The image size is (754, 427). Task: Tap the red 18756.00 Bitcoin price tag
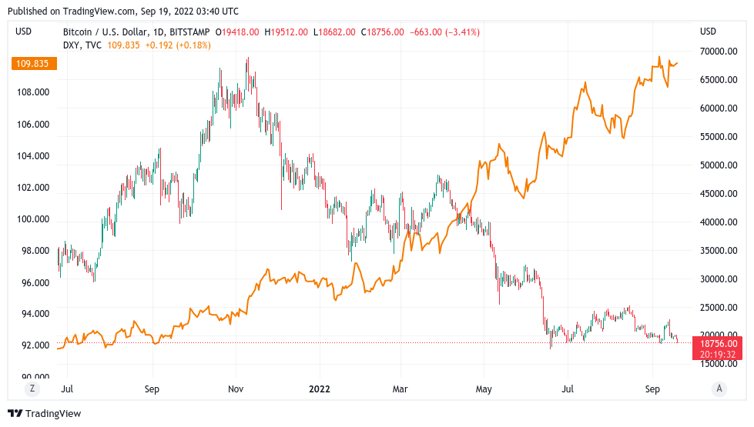719,344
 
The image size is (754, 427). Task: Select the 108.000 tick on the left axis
33,92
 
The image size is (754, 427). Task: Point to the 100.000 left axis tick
33,219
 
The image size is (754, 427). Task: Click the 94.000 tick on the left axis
35,314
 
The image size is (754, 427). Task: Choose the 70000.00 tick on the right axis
718,52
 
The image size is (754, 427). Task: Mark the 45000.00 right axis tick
718,194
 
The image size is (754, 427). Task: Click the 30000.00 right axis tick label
718,279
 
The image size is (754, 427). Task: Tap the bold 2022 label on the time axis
319,389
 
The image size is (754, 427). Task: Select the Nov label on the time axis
236,389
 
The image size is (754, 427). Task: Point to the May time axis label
484,389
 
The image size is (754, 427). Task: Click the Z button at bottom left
32,389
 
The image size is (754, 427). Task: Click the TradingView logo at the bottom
45,414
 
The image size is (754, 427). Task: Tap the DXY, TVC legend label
82,45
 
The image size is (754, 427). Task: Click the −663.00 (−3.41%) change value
444,32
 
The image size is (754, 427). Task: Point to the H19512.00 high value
287,32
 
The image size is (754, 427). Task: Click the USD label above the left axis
24,32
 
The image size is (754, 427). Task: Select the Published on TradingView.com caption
122,12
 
